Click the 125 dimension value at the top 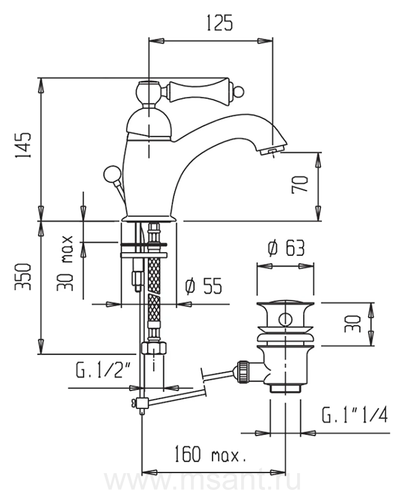click(219, 22)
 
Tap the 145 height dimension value click(23, 145)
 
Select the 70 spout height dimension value click(300, 185)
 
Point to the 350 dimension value click(23, 277)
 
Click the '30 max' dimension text click(65, 264)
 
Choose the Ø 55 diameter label click(203, 286)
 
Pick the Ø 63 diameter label click(286, 248)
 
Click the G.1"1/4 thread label click(354, 415)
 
